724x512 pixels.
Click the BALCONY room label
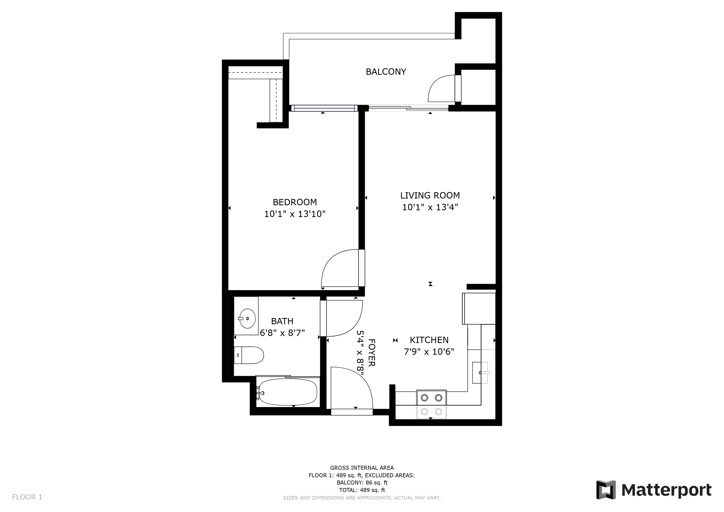tap(386, 72)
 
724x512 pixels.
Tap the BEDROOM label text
tap(295, 202)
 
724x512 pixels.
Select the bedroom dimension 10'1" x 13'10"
tap(295, 214)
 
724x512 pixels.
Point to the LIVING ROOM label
tap(430, 195)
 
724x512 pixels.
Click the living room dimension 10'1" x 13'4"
tap(430, 207)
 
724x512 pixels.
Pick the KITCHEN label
tap(429, 340)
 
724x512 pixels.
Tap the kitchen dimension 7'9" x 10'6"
tap(429, 351)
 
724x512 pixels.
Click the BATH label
tap(282, 321)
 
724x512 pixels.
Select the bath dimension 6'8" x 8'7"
tap(282, 333)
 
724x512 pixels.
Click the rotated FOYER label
tap(371, 353)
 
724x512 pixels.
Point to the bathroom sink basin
tap(247, 318)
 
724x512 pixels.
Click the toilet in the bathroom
tap(249, 355)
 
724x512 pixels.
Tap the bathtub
tap(287, 392)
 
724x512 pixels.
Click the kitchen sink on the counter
tap(480, 373)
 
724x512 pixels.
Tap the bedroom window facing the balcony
tap(324, 108)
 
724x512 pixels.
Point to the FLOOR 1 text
tap(27, 497)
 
